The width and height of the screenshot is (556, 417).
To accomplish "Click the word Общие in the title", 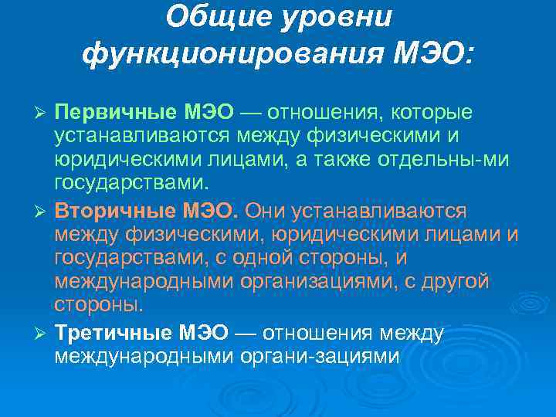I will (x=212, y=16).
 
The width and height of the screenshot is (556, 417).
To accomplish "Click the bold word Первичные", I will (x=116, y=113).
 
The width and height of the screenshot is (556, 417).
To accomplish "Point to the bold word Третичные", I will (x=115, y=332).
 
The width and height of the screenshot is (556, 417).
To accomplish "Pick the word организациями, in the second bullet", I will (x=329, y=281).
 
